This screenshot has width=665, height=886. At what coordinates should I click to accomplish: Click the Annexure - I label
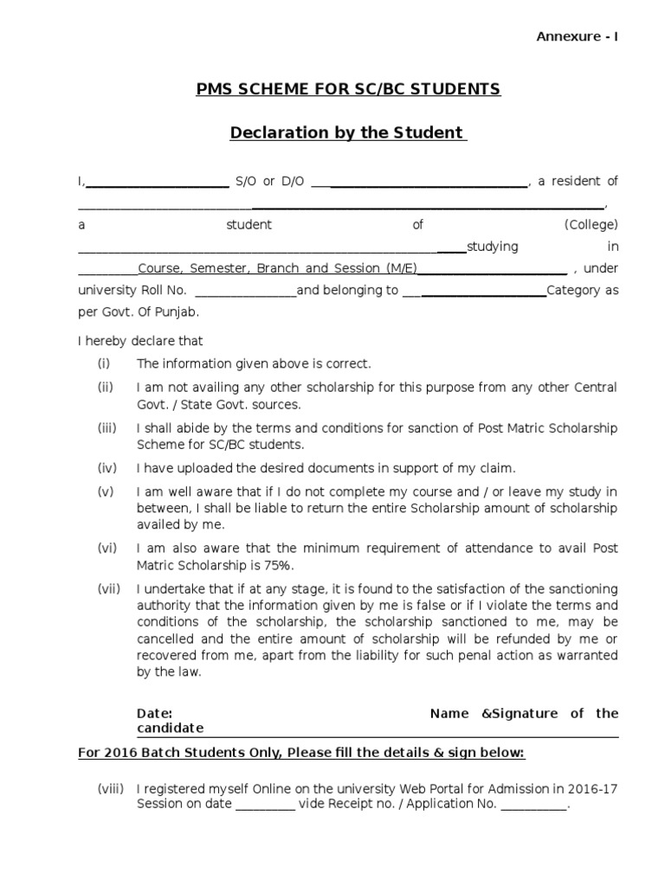578,36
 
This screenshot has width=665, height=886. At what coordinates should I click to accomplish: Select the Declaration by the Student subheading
347,133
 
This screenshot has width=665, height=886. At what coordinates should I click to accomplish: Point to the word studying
493,247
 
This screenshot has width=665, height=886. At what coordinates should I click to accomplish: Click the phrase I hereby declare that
140,342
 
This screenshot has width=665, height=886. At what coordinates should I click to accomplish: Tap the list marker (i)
105,364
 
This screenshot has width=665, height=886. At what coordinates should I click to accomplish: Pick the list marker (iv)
107,469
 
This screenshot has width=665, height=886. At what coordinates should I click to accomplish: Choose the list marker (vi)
107,549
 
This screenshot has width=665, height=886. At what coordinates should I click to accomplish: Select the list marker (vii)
108,589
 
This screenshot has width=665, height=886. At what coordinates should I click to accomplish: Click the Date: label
155,714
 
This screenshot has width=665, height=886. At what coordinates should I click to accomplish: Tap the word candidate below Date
170,729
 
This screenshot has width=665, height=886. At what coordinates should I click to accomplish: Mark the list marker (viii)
110,789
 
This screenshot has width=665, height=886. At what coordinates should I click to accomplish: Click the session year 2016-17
593,789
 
